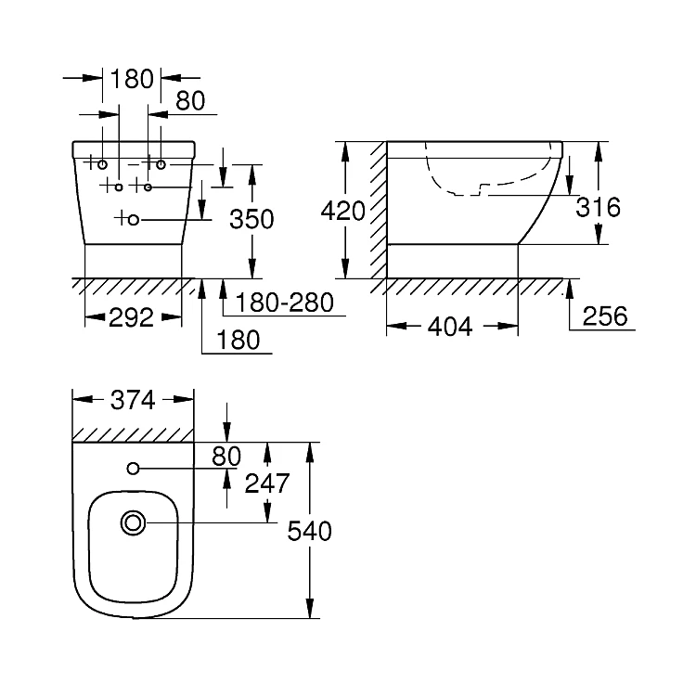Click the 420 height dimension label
point(343,211)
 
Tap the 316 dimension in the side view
point(598,207)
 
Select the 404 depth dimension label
point(450,328)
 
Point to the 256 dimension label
point(605,316)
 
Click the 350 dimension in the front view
point(251,219)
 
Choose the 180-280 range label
point(285,303)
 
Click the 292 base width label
point(131,317)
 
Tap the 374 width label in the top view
point(133,400)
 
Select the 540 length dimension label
point(309,531)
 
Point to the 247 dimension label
point(267,483)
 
